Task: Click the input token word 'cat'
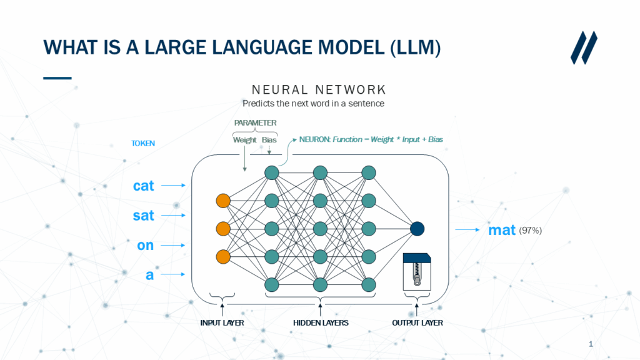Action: tap(143, 186)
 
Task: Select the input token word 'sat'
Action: tap(143, 216)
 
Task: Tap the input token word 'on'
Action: tap(145, 246)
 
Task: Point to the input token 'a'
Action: tap(149, 275)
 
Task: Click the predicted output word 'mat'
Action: tap(502, 230)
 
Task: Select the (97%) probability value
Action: tap(531, 231)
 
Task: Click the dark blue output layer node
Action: tap(417, 229)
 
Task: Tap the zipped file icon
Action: tap(417, 269)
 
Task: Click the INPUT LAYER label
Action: tap(222, 322)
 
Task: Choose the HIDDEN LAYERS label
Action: tap(321, 322)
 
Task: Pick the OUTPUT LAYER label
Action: tap(417, 322)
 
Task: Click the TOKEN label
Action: tap(142, 143)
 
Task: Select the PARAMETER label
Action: tap(255, 122)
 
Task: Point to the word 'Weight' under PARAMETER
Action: tap(244, 139)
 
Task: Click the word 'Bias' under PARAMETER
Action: tap(269, 139)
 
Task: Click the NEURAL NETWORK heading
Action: tap(319, 89)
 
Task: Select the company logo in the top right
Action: tap(584, 47)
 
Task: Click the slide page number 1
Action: tap(591, 344)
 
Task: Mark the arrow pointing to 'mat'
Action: tap(468, 230)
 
